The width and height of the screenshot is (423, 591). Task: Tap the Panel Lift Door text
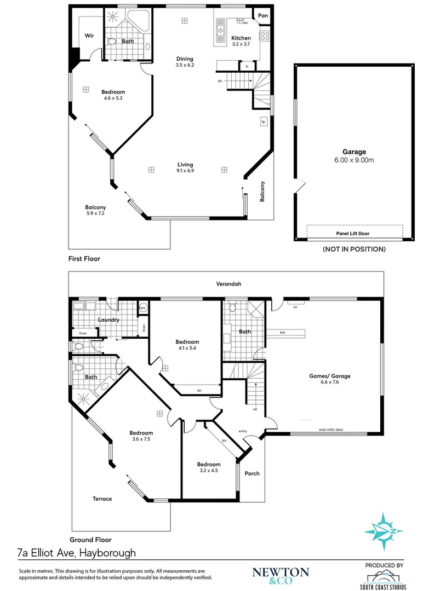point(354,234)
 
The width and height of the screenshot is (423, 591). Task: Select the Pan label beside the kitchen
point(263,16)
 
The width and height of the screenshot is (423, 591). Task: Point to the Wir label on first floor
point(89,36)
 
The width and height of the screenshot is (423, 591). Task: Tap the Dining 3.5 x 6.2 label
point(185,62)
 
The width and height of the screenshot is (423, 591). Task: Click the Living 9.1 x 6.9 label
point(185,167)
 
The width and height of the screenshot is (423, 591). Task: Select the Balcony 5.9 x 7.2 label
point(95,211)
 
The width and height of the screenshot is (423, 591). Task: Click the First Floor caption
point(84,258)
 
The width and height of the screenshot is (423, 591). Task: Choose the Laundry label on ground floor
point(108,320)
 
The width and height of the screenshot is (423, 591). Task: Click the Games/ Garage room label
point(329,379)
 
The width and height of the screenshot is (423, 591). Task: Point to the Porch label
point(251,473)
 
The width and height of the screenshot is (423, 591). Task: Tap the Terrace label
point(102,499)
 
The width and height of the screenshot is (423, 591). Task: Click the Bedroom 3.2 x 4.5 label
point(209,467)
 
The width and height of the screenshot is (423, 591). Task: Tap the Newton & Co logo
point(280,574)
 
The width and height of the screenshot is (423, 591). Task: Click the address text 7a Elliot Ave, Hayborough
point(77,553)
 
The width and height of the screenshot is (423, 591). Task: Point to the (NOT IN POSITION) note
point(354,249)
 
